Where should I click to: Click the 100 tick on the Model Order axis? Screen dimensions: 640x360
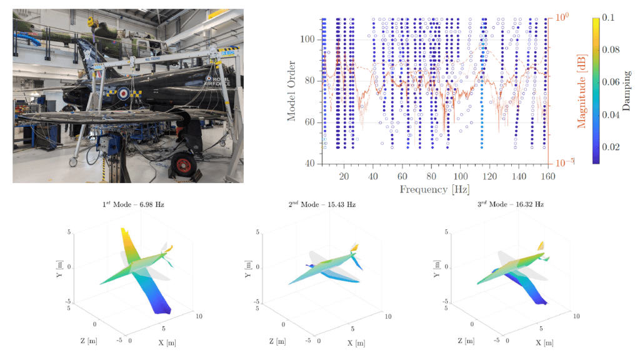pyautogui.click(x=307, y=39)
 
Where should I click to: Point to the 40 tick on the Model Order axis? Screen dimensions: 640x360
pyautogui.click(x=310, y=163)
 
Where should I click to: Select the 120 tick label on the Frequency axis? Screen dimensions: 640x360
pyautogui.click(x=489, y=176)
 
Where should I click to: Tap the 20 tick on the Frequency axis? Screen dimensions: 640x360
pyautogui.click(x=344, y=176)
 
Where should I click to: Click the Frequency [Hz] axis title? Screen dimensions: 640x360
pyautogui.click(x=434, y=189)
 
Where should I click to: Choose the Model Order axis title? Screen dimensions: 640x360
pyautogui.click(x=291, y=91)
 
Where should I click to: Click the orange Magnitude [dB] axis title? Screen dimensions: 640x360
pyautogui.click(x=582, y=91)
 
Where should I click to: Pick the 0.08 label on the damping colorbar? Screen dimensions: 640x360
pyautogui.click(x=611, y=50)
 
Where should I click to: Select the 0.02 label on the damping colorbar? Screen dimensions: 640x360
pyautogui.click(x=611, y=147)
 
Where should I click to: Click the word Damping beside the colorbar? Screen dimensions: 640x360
pyautogui.click(x=626, y=91)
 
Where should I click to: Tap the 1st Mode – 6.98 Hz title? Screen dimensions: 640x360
pyautogui.click(x=133, y=204)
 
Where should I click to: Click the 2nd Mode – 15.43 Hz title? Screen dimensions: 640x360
pyautogui.click(x=322, y=204)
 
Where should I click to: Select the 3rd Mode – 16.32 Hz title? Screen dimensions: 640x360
pyautogui.click(x=511, y=204)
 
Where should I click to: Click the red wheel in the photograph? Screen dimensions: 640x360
pyautogui.click(x=183, y=165)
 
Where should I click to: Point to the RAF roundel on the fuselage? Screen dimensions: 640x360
pyautogui.click(x=123, y=94)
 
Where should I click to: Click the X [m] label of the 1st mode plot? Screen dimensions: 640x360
pyautogui.click(x=167, y=342)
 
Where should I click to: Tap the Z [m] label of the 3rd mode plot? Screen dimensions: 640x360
pyautogui.click(x=466, y=341)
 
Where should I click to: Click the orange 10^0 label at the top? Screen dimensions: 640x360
pyautogui.click(x=562, y=17)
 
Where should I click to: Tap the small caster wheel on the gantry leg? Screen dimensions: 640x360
pyautogui.click(x=73, y=162)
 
